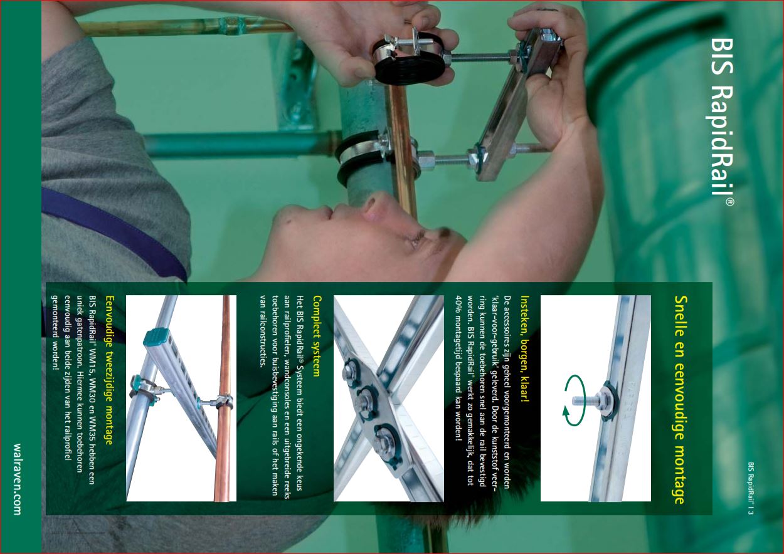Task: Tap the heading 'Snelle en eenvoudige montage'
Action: point(681,400)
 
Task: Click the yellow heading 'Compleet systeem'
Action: point(317,336)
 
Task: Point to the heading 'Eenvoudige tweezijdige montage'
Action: point(109,370)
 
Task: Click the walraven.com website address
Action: point(17,479)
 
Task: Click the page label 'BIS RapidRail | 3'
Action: point(751,488)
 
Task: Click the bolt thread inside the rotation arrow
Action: point(585,400)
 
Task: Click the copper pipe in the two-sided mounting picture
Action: point(222,399)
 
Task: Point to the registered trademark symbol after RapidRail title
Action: point(729,202)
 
